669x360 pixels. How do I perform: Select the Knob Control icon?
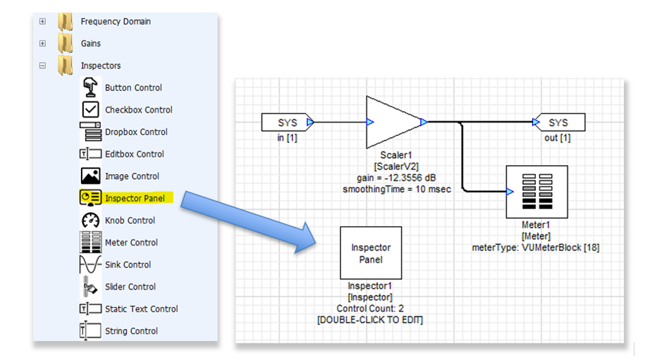tap(91, 221)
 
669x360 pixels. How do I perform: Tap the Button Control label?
tap(133, 88)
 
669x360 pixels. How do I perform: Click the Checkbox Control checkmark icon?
tap(91, 110)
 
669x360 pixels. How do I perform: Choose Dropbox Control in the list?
tap(136, 132)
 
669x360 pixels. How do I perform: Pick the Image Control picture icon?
tap(91, 176)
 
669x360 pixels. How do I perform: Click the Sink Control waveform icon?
tap(91, 265)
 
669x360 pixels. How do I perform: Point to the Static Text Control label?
tap(141, 309)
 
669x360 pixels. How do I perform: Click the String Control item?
tap(130, 331)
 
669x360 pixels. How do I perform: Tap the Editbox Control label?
tap(134, 154)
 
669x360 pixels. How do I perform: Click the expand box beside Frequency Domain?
tap(43, 21)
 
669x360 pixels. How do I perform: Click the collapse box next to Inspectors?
tap(43, 66)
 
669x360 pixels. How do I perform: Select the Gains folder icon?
tap(65, 44)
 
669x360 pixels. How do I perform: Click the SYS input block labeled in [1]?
tap(287, 123)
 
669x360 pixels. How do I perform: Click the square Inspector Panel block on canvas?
tap(371, 254)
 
